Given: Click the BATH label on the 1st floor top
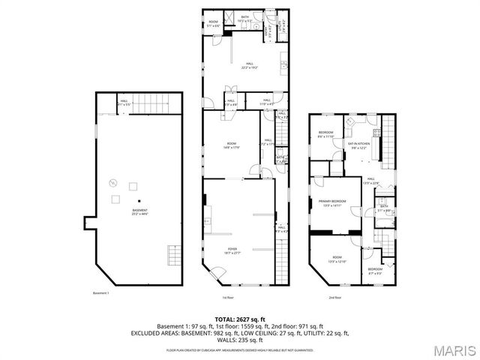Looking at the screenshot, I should click(x=245, y=17).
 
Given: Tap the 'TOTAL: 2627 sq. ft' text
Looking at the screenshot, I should click(x=239, y=319).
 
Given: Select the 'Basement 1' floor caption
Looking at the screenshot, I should click(x=101, y=293).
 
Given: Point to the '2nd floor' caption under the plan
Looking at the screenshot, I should click(x=336, y=297).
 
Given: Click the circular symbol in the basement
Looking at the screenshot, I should click(x=113, y=181).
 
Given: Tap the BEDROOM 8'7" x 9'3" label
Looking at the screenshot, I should click(x=375, y=270).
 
